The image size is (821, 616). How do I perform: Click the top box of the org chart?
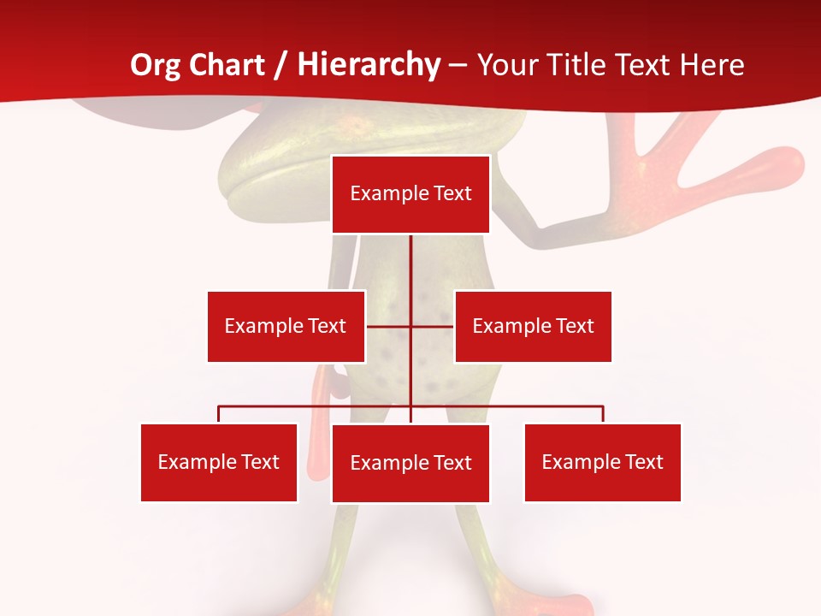pos(410,194)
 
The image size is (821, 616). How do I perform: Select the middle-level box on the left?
pos(286,326)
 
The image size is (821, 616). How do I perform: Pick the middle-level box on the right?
pos(533,326)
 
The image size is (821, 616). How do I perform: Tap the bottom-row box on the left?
pos(219,463)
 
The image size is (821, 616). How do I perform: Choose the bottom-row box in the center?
pos(410,464)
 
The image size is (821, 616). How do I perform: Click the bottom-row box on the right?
pos(602,463)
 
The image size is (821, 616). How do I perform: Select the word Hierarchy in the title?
pos(369,65)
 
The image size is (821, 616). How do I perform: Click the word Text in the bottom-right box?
pos(644,463)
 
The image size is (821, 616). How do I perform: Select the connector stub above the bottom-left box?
pos(219,414)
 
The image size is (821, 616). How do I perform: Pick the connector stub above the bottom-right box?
pos(603,414)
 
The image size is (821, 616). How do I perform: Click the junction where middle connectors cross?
pos(410,326)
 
